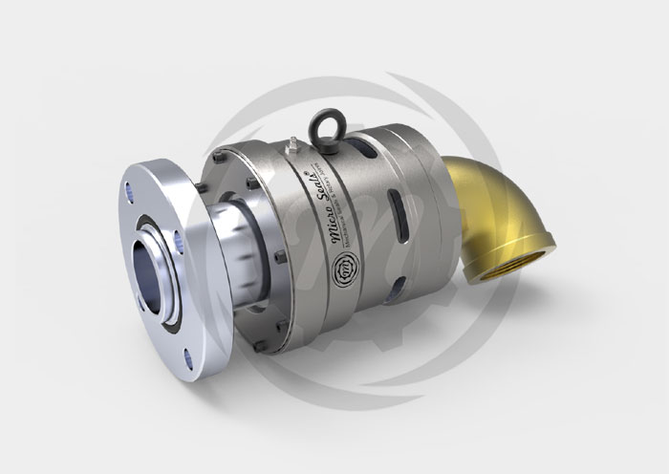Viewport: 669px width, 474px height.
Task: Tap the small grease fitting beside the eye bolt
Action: coord(291,144)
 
